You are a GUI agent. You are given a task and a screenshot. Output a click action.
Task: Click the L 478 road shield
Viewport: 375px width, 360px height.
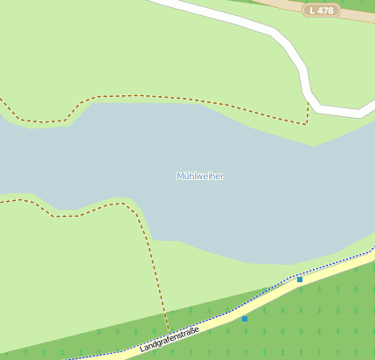321,10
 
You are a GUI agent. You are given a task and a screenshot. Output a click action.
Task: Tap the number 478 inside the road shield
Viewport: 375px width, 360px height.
325,10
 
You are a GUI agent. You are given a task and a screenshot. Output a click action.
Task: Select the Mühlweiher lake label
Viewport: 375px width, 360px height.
200,177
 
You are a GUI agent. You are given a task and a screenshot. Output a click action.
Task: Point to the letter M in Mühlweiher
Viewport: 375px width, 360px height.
180,177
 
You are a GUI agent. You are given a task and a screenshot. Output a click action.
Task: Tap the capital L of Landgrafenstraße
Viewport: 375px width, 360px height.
142,350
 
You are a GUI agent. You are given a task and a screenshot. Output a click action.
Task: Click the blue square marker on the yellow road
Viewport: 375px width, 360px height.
300,280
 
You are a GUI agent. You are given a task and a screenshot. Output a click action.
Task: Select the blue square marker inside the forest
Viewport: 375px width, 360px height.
245,319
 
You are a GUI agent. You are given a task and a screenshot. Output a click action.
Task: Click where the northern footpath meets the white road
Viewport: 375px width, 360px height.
309,103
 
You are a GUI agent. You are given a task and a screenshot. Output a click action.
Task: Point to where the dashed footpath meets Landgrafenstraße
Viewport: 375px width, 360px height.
169,333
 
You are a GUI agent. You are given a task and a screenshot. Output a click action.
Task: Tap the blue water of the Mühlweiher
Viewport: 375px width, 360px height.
105,157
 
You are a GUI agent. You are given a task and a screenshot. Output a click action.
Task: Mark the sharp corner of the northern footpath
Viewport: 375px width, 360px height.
307,124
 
